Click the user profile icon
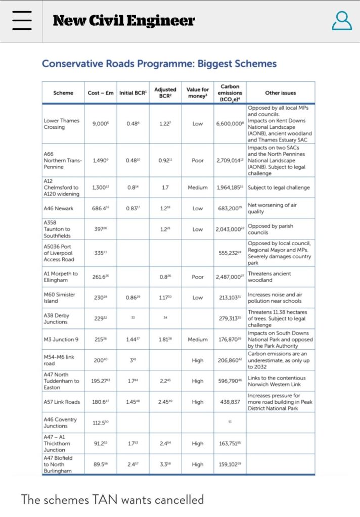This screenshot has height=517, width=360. tap(342, 21)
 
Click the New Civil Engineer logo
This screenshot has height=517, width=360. tap(123, 21)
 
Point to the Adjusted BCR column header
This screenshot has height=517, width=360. tap(165, 93)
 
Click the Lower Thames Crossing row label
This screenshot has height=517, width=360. tap(62, 124)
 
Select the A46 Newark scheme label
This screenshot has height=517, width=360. tap(59, 208)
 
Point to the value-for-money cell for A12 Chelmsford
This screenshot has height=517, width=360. tap(198, 187)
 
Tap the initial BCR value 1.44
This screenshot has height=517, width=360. tap(132, 339)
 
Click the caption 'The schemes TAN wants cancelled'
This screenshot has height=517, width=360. tap(112, 500)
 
